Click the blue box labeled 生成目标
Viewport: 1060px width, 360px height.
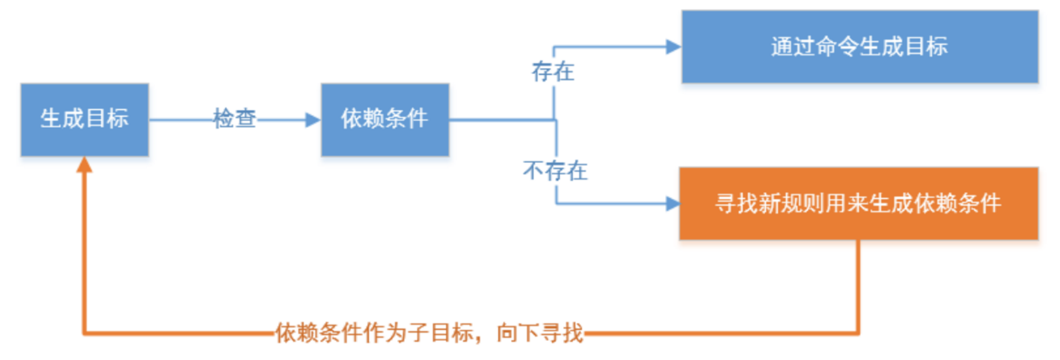click(x=85, y=119)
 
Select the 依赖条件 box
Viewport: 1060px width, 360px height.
click(x=385, y=119)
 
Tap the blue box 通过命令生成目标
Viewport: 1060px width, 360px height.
click(x=859, y=47)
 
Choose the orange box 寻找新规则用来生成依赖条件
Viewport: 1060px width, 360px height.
click(x=858, y=204)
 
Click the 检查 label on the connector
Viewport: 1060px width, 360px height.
click(x=235, y=119)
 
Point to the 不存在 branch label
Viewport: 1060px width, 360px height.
click(x=555, y=171)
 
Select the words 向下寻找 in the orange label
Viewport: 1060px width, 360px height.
click(x=540, y=333)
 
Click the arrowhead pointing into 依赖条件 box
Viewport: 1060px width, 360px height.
click(x=313, y=120)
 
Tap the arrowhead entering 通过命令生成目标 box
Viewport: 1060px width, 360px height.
click(x=673, y=47)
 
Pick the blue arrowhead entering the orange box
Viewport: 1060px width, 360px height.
click(x=672, y=204)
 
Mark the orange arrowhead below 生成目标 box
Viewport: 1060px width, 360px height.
click(x=84, y=165)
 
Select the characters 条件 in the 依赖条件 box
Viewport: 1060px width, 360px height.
click(x=407, y=118)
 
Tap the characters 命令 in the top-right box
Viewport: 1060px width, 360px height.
click(x=837, y=47)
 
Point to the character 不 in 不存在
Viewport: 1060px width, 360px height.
click(x=533, y=171)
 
